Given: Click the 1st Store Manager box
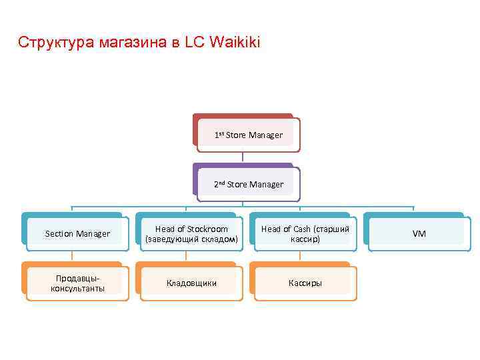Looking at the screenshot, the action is (x=248, y=135).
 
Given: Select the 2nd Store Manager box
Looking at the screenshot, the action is (x=248, y=184).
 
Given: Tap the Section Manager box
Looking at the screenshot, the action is (x=77, y=233).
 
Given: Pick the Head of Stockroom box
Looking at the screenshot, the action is (x=191, y=233).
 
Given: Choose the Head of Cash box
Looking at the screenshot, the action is (x=305, y=233).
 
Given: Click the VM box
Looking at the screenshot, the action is (x=419, y=233).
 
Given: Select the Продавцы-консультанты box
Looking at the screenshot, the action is (x=77, y=283).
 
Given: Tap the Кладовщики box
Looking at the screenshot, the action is (x=191, y=283).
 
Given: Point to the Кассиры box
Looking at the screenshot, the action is (x=305, y=283).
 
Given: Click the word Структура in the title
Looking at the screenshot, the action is (x=55, y=43).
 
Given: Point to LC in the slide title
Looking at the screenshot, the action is (x=195, y=43).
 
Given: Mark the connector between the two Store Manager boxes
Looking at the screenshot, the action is (x=243, y=157).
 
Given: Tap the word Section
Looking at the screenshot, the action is (x=59, y=233).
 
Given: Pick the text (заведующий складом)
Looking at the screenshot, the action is (x=191, y=239).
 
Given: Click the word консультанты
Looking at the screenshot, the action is (x=77, y=288).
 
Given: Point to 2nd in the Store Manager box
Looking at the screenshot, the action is (x=219, y=184).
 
